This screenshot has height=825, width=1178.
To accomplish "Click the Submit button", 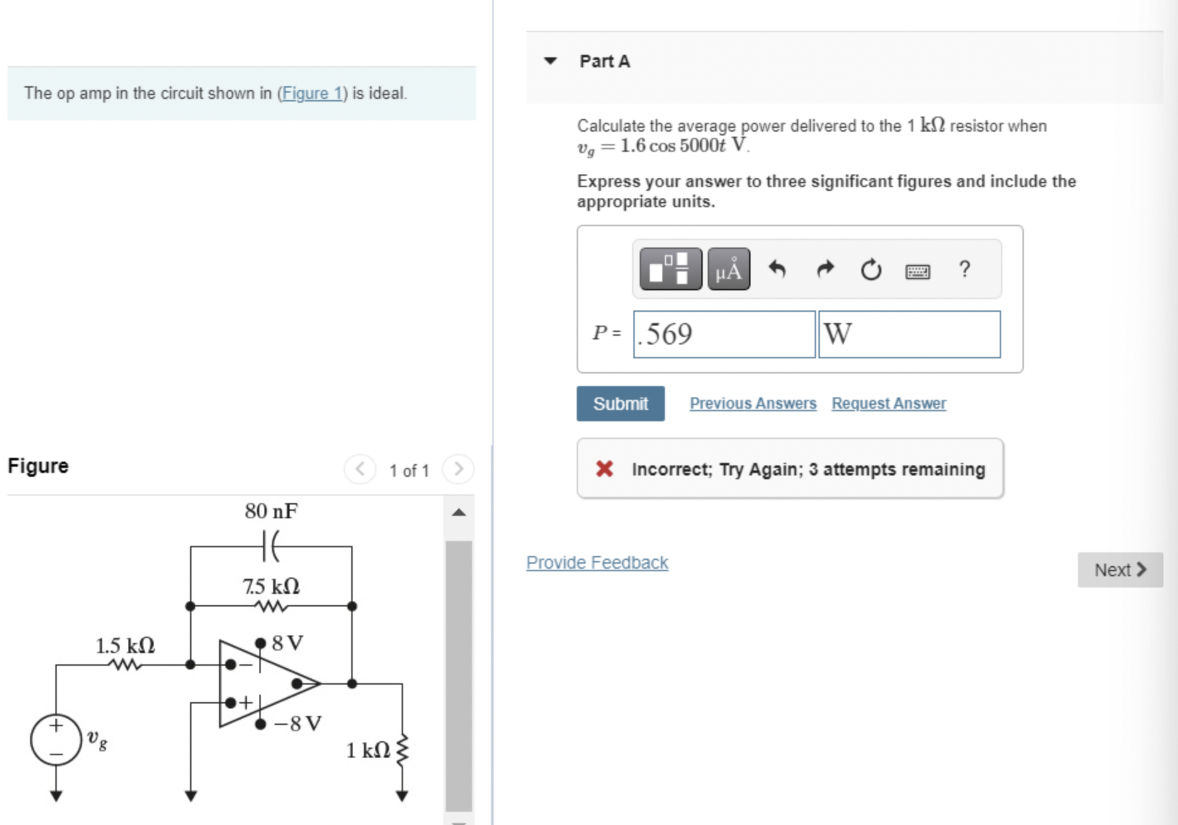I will [620, 404].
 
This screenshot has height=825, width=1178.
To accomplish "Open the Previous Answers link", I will [752, 403].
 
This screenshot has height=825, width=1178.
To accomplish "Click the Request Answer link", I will [888, 403].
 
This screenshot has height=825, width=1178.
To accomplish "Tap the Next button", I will [1119, 570].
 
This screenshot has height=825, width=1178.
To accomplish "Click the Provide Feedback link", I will [597, 562].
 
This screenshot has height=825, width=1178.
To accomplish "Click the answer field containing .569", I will [724, 334].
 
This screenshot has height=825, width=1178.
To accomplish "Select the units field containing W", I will [909, 334].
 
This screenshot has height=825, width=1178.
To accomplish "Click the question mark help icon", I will [964, 270].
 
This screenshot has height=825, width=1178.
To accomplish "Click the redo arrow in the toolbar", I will [825, 270].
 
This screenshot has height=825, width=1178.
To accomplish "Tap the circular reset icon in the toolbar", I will [871, 270].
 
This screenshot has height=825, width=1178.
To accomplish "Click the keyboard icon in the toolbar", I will [917, 271].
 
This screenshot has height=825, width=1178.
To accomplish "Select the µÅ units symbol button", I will [728, 270].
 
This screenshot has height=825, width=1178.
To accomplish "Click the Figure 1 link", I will [312, 93].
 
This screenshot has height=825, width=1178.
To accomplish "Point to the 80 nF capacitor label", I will [271, 511].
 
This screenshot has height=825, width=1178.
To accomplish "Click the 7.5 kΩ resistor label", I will [271, 586].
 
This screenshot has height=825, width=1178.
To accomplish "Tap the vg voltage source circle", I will [56, 740].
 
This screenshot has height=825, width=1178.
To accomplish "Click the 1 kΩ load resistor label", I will [368, 750].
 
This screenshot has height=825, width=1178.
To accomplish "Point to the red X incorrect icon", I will [604, 469].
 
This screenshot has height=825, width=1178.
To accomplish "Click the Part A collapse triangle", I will [550, 61].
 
